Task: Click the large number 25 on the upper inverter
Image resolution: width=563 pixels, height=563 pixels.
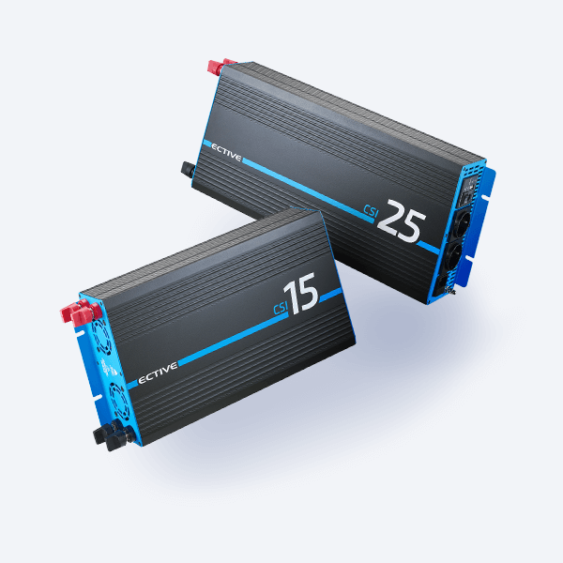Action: pyautogui.click(x=401, y=221)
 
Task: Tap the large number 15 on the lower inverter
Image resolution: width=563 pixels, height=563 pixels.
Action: pyautogui.click(x=301, y=293)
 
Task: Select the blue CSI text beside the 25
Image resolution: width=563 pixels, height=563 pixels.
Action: pyautogui.click(x=371, y=211)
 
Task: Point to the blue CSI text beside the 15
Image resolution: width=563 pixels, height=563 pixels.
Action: pyautogui.click(x=281, y=309)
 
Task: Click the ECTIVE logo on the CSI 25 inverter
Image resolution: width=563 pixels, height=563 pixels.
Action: pyautogui.click(x=226, y=152)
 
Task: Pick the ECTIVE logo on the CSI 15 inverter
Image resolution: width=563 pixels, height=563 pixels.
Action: pyautogui.click(x=158, y=373)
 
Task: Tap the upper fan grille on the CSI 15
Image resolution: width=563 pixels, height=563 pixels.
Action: pyautogui.click(x=101, y=336)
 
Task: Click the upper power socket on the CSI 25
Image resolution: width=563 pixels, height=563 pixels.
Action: pyautogui.click(x=462, y=224)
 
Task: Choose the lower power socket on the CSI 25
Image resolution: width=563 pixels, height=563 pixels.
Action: pyautogui.click(x=453, y=257)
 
